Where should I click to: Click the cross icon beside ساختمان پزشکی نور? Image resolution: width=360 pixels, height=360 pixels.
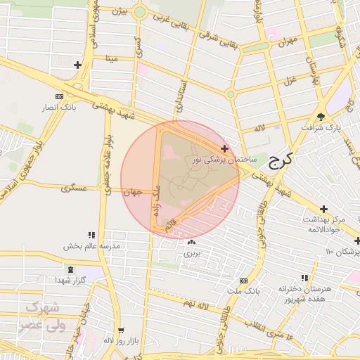click(224, 148)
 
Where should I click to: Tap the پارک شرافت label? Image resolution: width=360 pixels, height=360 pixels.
click(321, 128)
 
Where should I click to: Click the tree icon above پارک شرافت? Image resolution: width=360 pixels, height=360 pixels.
click(321, 117)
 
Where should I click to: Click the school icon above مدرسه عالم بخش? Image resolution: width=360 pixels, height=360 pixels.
click(91, 235)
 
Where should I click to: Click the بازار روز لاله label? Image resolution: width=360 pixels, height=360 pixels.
click(119, 340)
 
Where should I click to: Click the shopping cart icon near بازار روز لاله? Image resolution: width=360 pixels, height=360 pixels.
click(120, 330)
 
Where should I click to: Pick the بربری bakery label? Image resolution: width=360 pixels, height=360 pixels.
click(192, 252)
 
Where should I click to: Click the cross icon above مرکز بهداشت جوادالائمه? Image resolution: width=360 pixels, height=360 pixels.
click(323, 209)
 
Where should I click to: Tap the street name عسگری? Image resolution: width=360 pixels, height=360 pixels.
click(74, 188)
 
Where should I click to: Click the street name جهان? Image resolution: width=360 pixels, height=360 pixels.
click(132, 191)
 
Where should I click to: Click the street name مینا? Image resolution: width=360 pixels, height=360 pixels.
click(110, 59)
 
